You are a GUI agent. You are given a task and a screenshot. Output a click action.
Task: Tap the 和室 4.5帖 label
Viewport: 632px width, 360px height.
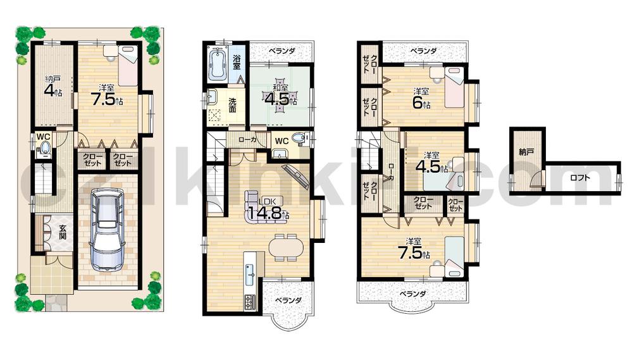[277, 95]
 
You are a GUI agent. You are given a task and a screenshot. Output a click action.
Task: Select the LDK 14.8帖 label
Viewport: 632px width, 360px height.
[268, 212]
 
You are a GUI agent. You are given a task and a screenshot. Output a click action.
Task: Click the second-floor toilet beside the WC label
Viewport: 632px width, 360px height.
[300, 139]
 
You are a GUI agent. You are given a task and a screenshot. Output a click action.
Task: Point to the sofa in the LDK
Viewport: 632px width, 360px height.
[258, 202]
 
